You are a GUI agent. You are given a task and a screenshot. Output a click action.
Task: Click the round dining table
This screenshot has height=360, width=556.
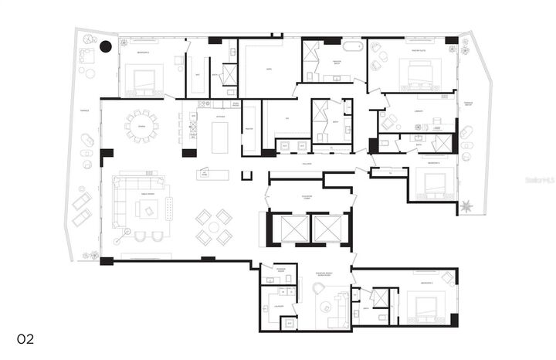pyautogui.click(x=141, y=126)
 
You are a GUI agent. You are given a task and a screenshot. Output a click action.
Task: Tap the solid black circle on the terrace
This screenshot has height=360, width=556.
pyautogui.click(x=106, y=47)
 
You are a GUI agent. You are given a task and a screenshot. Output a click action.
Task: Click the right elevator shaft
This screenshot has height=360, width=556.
pyautogui.click(x=329, y=228)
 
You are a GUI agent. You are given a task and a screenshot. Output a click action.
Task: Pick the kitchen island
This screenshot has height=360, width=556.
pyautogui.click(x=221, y=138)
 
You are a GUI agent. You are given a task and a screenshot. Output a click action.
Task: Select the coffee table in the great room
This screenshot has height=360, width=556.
pyautogui.click(x=146, y=209)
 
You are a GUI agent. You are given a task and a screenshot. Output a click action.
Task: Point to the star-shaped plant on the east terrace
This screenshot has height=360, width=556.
pyautogui.click(x=466, y=206)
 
